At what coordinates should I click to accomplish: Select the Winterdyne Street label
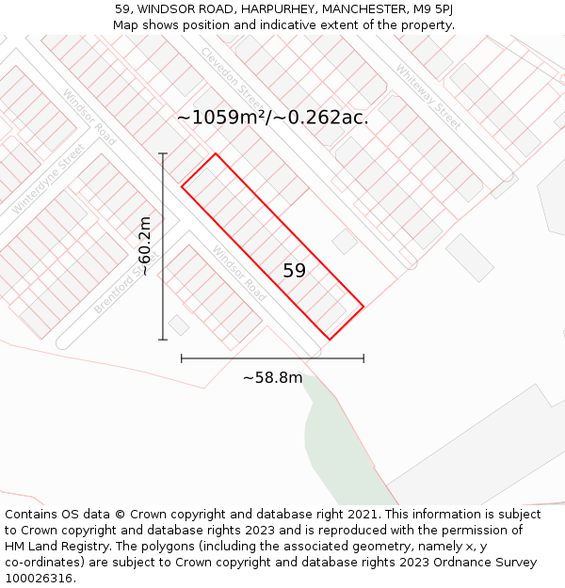click(x=48, y=179)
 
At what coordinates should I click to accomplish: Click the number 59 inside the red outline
click(x=295, y=271)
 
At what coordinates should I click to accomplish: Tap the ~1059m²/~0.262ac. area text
click(x=273, y=118)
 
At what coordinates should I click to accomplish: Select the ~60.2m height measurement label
click(x=144, y=246)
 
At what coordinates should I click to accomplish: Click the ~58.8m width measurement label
click(x=273, y=378)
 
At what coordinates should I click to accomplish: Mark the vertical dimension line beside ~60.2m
click(x=163, y=246)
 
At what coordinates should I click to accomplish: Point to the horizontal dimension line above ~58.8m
click(x=272, y=358)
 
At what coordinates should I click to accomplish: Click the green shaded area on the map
click(x=339, y=442)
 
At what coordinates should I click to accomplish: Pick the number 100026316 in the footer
click(x=38, y=579)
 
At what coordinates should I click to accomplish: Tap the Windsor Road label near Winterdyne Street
click(x=89, y=117)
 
